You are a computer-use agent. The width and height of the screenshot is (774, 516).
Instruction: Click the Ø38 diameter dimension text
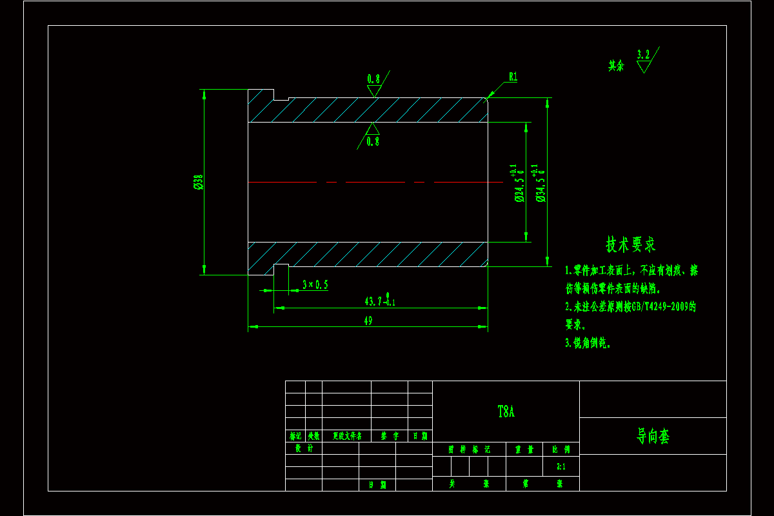click(x=198, y=183)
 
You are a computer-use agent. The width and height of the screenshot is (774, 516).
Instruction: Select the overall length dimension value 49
click(x=368, y=321)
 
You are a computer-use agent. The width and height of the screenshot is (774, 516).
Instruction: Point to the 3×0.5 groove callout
click(x=315, y=284)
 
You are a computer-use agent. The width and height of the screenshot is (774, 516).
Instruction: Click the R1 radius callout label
click(x=513, y=77)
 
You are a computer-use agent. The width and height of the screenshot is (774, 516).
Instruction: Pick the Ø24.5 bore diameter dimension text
click(x=518, y=187)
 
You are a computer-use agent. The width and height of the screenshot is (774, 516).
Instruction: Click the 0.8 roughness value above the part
click(x=373, y=79)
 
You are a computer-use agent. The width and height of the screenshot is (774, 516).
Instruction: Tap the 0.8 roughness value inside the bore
click(x=373, y=142)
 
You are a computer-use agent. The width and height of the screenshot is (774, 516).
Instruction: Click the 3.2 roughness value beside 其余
click(x=643, y=55)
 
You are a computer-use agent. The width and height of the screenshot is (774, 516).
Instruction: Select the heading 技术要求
click(x=630, y=244)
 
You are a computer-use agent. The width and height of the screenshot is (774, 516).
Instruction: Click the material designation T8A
click(x=506, y=412)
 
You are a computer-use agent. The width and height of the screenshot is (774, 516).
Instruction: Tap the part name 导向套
click(x=653, y=437)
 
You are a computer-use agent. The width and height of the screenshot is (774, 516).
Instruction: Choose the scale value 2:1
click(x=561, y=466)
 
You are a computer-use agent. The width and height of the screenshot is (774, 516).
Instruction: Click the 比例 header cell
click(x=561, y=449)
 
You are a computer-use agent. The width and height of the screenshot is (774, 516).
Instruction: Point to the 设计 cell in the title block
click(x=304, y=448)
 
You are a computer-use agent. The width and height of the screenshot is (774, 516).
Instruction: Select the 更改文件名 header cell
click(x=347, y=436)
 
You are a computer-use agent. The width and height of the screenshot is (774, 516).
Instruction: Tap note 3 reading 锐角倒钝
click(x=588, y=344)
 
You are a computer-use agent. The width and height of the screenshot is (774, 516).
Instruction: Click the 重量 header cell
click(x=524, y=449)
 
